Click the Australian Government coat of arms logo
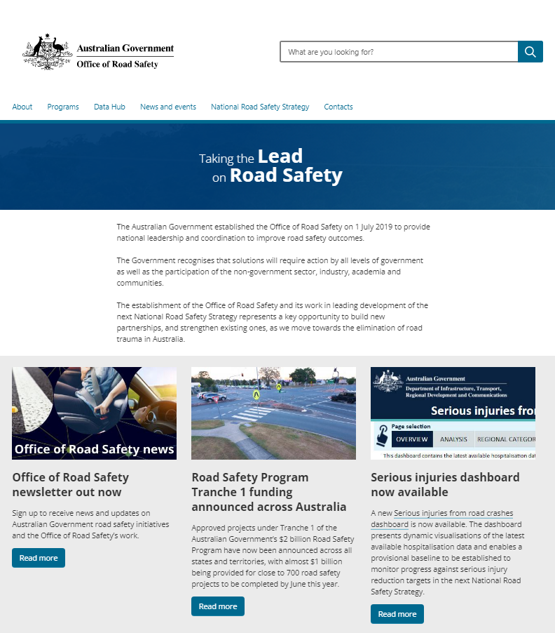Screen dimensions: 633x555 point(48,52)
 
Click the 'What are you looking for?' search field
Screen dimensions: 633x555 point(399,52)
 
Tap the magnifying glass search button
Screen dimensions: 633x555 point(530,52)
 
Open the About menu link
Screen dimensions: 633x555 point(22,107)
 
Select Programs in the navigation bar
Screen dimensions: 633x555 point(63,107)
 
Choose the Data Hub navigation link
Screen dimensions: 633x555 point(109,107)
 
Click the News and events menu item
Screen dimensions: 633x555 point(168,107)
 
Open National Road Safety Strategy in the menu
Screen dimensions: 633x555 point(260,107)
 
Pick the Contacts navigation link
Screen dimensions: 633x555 point(338,107)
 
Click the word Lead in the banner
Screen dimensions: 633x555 point(280,156)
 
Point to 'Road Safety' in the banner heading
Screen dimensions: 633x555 point(286,175)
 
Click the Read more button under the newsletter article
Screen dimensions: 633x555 point(39,558)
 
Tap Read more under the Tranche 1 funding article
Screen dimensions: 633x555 point(218,606)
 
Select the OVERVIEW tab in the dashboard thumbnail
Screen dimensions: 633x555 point(411,439)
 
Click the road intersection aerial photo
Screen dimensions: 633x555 point(273,413)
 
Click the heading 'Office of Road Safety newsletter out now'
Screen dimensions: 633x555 point(71,484)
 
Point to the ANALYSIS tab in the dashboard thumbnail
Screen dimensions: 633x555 point(453,439)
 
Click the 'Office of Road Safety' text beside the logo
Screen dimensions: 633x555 point(118,64)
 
